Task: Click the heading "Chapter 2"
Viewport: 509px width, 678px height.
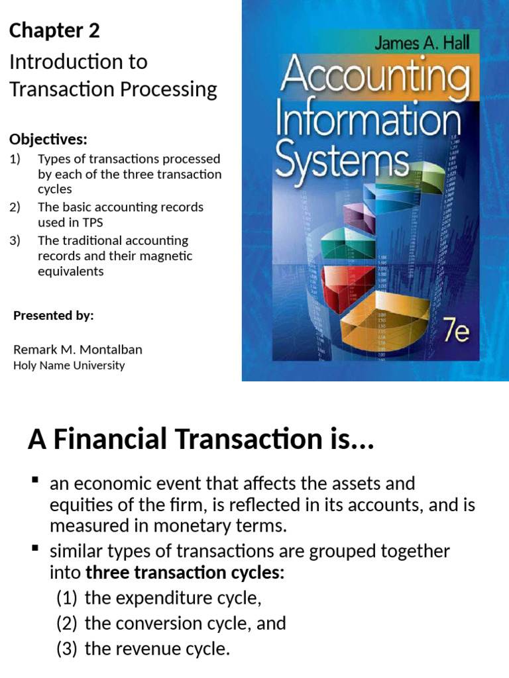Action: pyautogui.click(x=54, y=31)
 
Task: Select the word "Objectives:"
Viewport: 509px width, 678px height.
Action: pyautogui.click(x=48, y=140)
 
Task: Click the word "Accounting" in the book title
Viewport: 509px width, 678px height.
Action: pyautogui.click(x=374, y=78)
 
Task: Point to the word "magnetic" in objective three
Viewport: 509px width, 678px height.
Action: pyautogui.click(x=163, y=256)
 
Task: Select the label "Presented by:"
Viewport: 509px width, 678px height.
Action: pyautogui.click(x=54, y=316)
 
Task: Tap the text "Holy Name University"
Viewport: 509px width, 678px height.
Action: pyautogui.click(x=69, y=365)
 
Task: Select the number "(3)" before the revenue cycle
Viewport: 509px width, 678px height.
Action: pyautogui.click(x=67, y=649)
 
